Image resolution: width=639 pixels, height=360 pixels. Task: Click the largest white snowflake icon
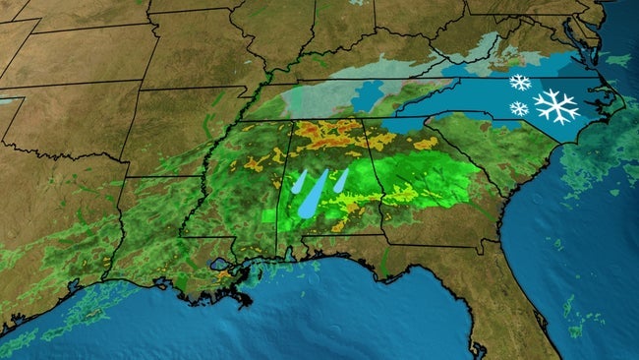click(555, 105)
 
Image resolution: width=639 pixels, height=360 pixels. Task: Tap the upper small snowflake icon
click(520, 83)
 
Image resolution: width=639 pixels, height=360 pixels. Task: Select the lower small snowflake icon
click(518, 107)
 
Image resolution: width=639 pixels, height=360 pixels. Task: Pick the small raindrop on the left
click(300, 180)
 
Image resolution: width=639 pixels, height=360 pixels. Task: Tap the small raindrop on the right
click(340, 179)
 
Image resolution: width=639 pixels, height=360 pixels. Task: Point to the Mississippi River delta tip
click(247, 301)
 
